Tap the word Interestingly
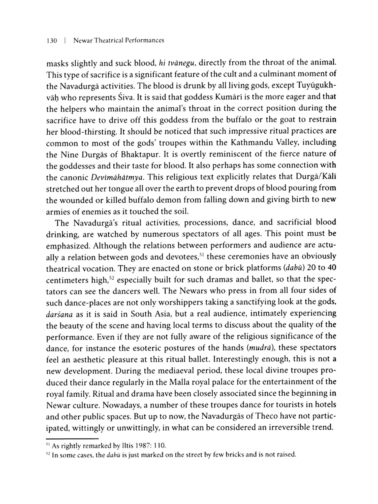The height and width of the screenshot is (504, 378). click(236, 359)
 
